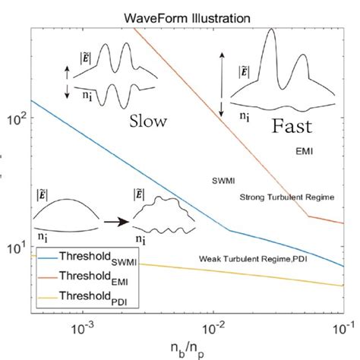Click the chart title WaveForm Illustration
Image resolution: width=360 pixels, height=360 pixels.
[186, 16]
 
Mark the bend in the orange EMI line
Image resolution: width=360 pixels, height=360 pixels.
[307, 216]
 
